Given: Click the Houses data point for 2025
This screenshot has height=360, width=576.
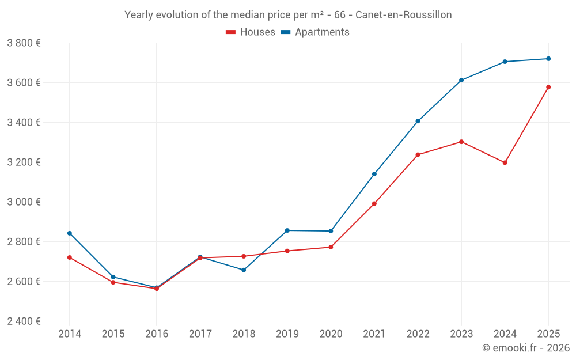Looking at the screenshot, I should pos(548,87).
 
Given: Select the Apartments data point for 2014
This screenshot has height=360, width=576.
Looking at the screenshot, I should pos(70,233).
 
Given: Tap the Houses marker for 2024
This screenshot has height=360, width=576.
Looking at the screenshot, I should pos(505,162).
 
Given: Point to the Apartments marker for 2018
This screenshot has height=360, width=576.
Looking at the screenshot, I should pos(244,270).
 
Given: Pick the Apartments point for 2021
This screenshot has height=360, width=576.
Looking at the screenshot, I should pos(374,174).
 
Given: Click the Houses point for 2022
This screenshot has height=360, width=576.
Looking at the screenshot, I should pos(418,154).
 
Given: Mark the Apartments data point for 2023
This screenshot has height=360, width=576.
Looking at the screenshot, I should pos(461,80).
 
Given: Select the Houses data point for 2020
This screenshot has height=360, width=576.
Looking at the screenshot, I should pos(331,247).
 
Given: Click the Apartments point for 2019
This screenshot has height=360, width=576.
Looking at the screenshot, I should pos(287,230).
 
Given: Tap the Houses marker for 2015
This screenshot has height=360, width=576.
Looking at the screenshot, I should pos(113,282).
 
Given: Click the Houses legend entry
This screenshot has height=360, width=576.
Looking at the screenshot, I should pos(251,32).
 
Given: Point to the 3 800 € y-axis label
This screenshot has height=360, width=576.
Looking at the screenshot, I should pos(24,43).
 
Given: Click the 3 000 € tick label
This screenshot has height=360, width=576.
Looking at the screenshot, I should pos(24,202).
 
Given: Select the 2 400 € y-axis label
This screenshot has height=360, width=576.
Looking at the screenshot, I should pos(24,321).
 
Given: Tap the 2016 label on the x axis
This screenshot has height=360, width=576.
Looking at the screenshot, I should pos(157,334).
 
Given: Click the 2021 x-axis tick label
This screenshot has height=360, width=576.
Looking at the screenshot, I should pos(374,334).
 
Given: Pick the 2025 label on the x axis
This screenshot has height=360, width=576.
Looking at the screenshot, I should pos(548,334).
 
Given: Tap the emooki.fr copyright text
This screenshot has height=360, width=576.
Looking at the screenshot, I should pos(525,348).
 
